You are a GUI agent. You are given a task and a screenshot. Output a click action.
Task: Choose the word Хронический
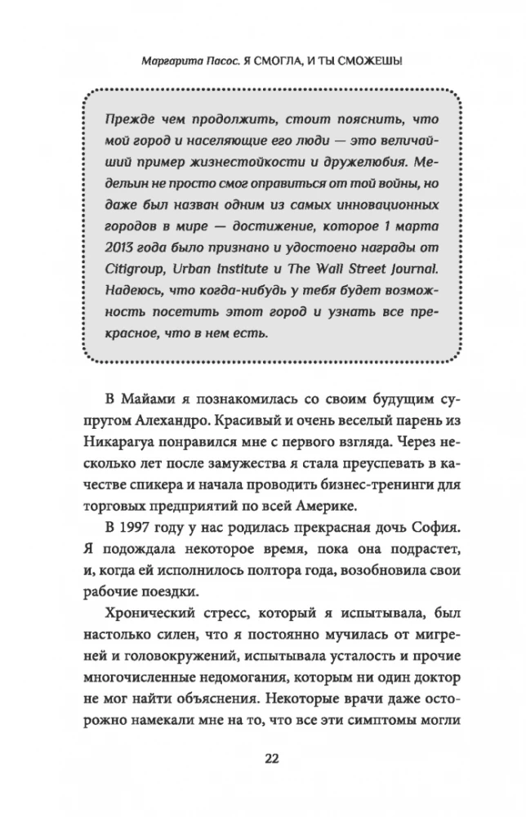[x=152, y=613]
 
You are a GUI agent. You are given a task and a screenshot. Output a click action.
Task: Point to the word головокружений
[x=187, y=658]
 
